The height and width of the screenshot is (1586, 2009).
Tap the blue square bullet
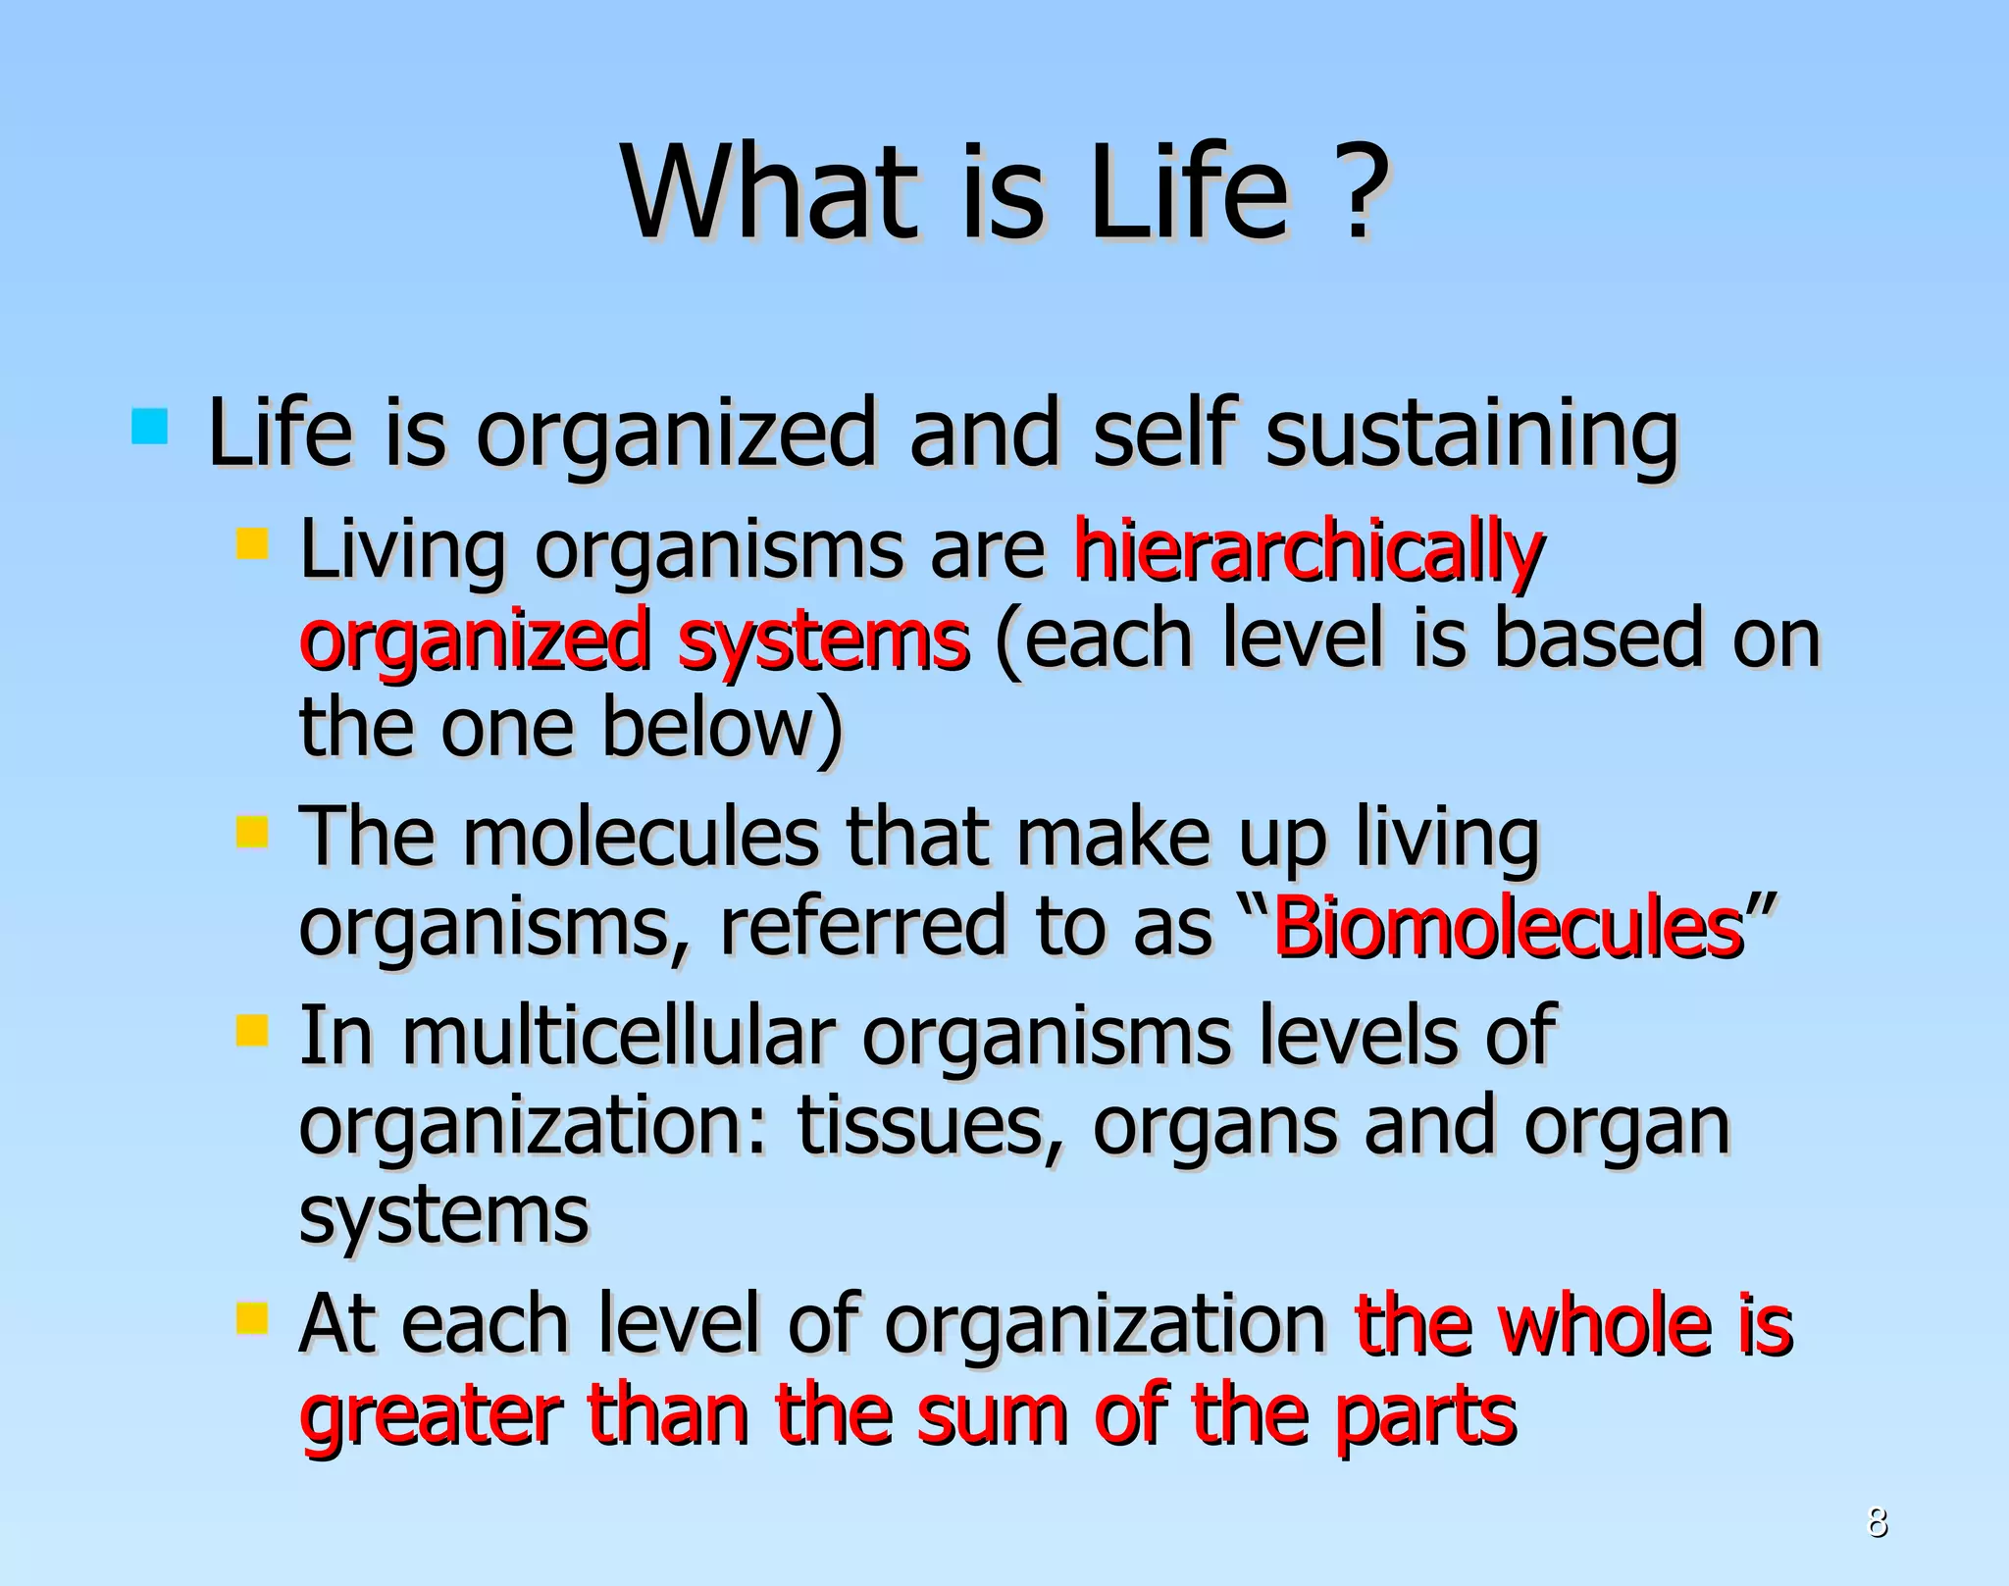coord(149,427)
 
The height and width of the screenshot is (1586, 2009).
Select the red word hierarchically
coord(1308,551)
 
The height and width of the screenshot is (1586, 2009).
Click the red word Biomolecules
coord(1508,927)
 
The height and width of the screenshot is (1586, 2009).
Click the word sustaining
coord(1472,434)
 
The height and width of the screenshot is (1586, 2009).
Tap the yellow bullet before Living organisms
coord(252,543)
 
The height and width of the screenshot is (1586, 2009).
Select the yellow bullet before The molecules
coord(252,833)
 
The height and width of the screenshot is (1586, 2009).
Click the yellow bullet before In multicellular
coord(252,1031)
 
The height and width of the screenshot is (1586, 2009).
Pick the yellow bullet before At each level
coord(252,1318)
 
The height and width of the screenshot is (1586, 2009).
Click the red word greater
coord(431,1417)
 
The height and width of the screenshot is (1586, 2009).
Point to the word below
coord(722,728)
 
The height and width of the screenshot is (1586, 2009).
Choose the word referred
coord(862,927)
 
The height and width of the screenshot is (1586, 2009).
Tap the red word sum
coord(991,1417)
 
